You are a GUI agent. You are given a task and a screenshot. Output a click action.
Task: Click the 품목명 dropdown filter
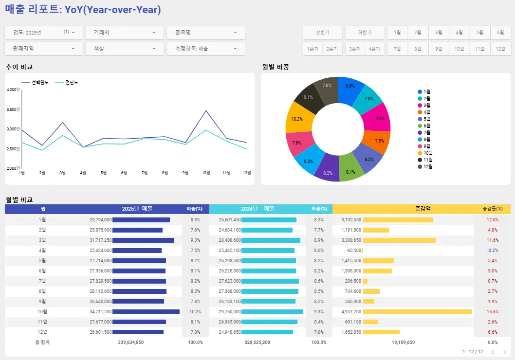(x=205, y=33)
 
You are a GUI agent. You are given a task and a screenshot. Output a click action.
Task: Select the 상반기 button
(x=322, y=33)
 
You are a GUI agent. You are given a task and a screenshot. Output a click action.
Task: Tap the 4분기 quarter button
(x=374, y=49)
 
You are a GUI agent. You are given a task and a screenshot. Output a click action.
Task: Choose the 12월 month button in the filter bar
(x=500, y=49)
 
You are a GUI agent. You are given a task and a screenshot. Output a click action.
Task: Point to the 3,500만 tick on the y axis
(x=13, y=109)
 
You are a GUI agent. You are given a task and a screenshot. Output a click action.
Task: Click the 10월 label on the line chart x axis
(x=206, y=173)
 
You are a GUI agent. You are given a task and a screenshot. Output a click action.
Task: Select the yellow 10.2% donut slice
(x=297, y=119)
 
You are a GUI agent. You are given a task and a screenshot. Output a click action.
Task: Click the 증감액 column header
(x=422, y=209)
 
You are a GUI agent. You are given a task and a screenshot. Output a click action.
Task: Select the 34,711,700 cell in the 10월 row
(x=101, y=311)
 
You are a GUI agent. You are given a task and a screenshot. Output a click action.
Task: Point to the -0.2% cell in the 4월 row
(x=492, y=250)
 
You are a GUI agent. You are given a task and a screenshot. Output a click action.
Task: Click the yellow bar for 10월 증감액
(x=417, y=311)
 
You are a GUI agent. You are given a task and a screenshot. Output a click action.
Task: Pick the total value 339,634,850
(x=130, y=342)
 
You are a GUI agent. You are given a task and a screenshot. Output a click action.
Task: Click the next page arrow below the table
(x=505, y=352)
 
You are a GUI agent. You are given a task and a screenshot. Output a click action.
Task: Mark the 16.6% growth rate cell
(x=492, y=311)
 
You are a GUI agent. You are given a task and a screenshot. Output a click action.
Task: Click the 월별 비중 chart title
(x=276, y=67)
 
